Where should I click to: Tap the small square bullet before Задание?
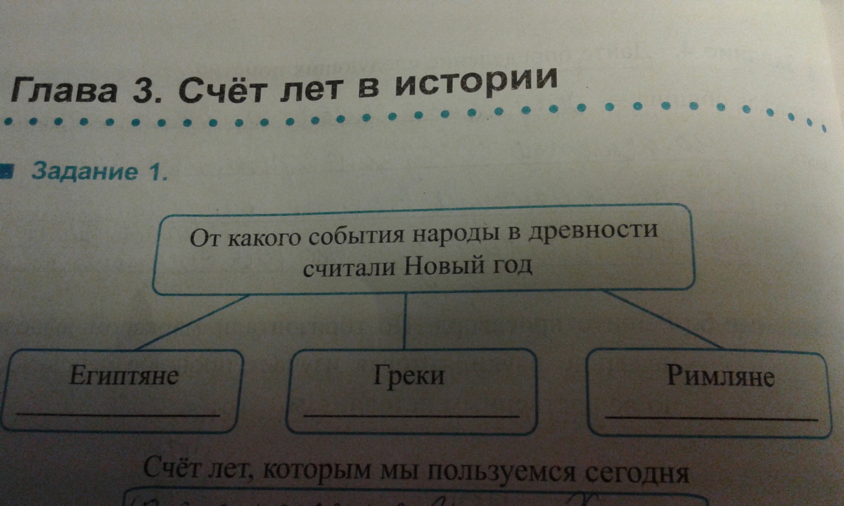point(6,169)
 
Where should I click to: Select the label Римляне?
point(720,377)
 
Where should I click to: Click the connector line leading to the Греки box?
point(404,320)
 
